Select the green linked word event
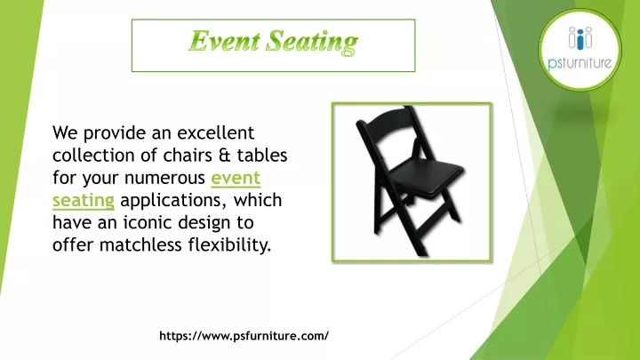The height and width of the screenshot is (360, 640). [x=236, y=177]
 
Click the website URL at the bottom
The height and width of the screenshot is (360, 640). [x=244, y=336]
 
